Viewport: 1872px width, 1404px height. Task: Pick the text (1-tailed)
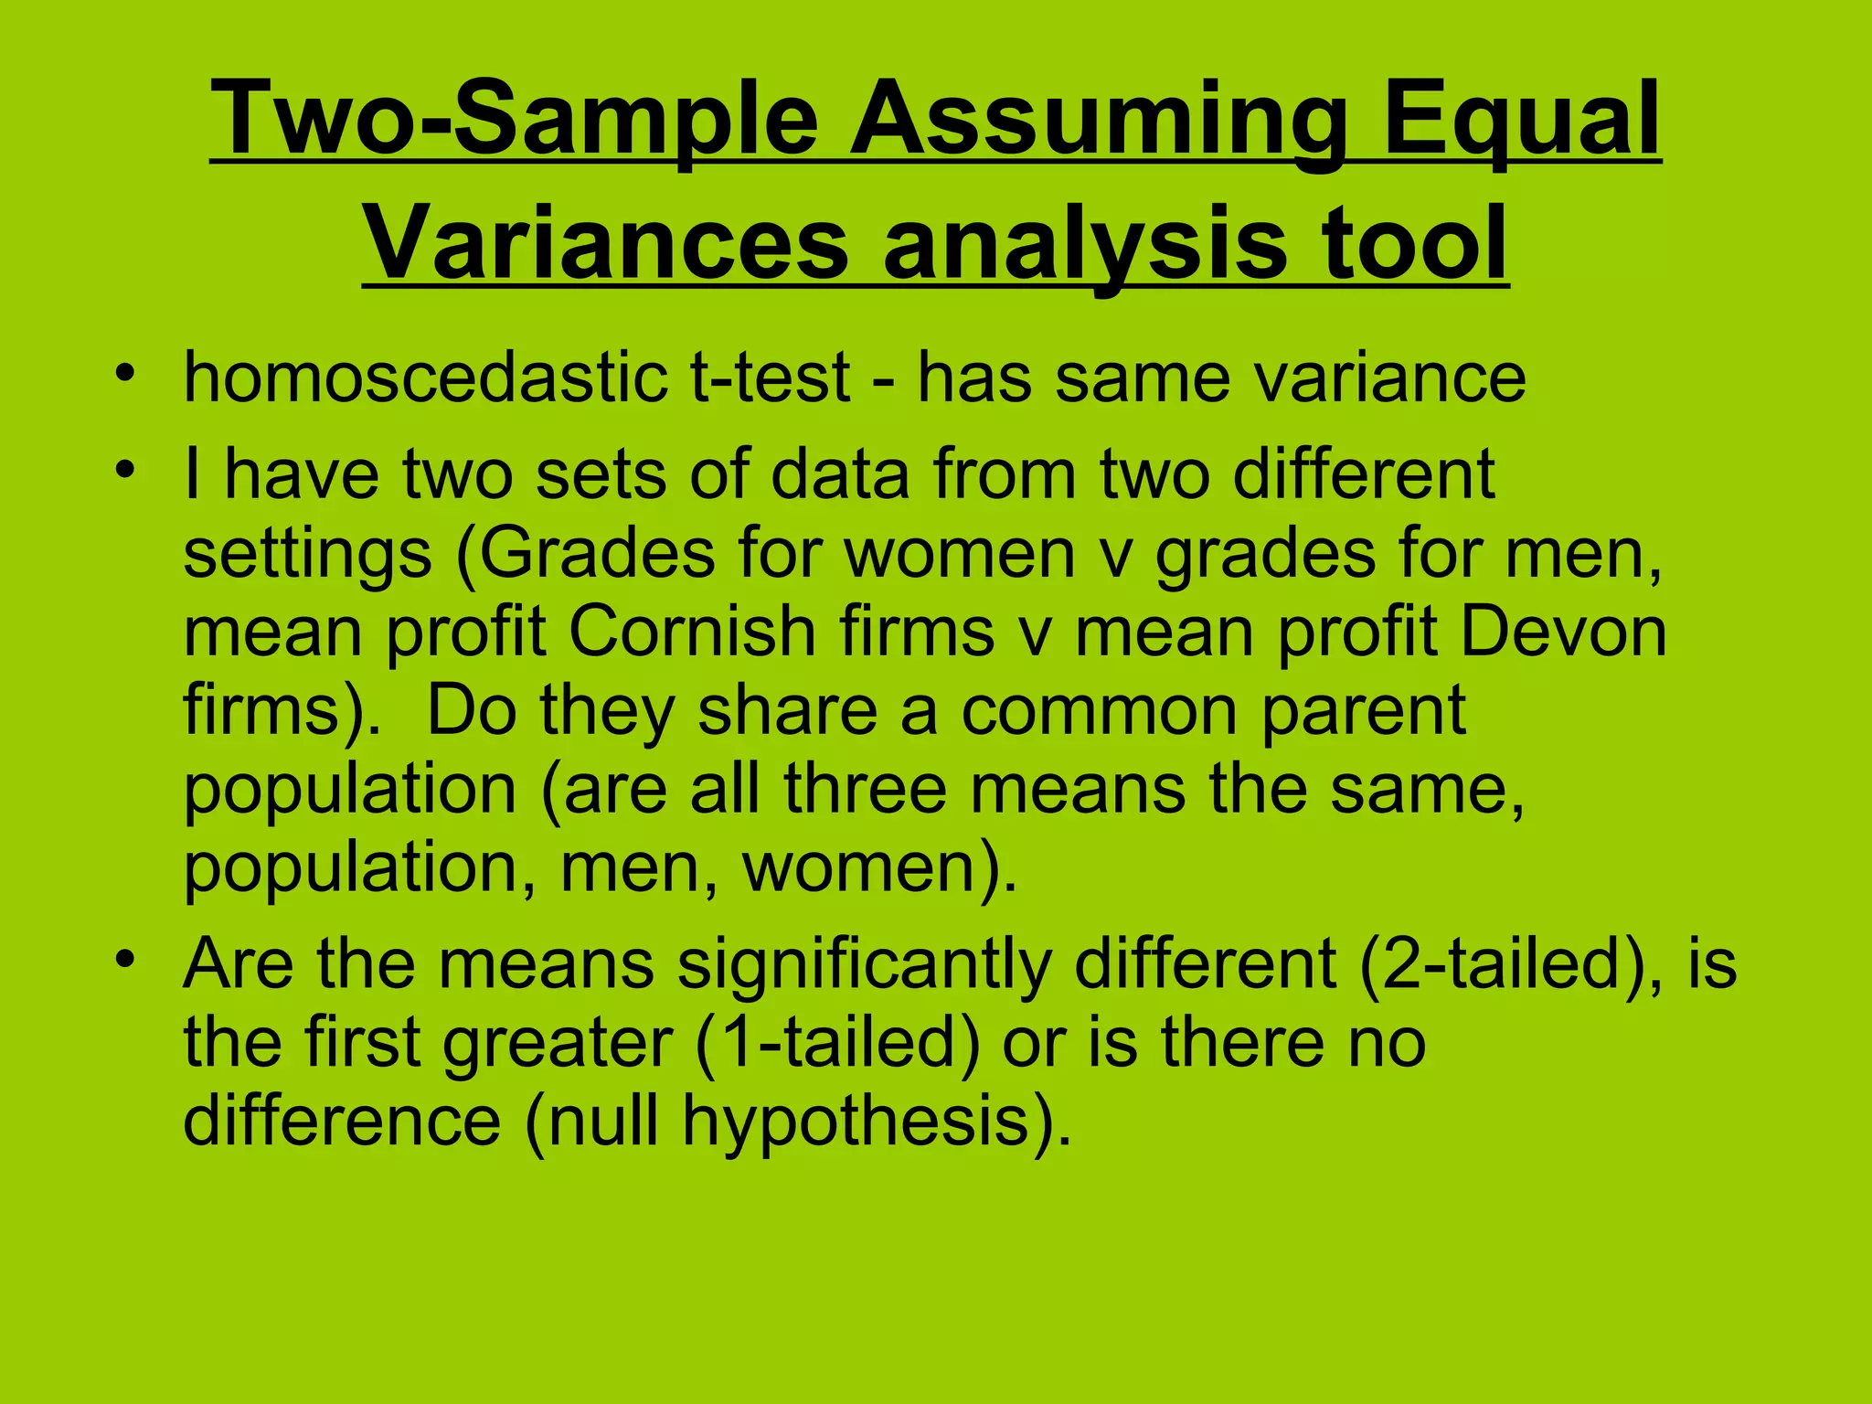pos(837,1042)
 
